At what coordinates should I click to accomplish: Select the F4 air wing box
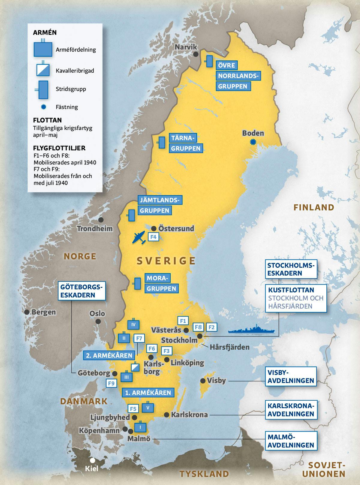pos(153,237)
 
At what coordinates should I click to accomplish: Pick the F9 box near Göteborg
pos(111,383)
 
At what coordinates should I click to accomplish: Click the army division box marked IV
pos(133,324)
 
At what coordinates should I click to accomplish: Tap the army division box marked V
pos(148,407)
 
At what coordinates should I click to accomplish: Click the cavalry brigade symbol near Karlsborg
pos(136,367)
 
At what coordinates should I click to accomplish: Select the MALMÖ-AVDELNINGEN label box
pos(291,441)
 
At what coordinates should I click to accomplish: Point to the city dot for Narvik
pos(196,54)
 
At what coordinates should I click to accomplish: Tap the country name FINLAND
pos(314,207)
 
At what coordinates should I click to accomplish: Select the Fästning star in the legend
pos(44,107)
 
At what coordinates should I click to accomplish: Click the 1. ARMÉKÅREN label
pos(148,393)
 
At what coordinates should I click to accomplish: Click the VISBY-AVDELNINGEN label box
pos(291,376)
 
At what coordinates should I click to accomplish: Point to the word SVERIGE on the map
pos(166,261)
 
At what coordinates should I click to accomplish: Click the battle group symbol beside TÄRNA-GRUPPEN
pos(162,142)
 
